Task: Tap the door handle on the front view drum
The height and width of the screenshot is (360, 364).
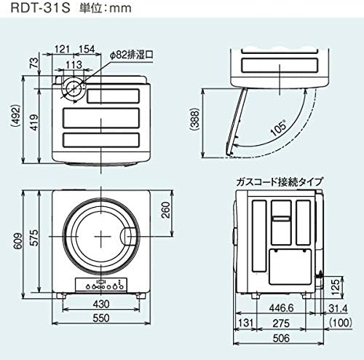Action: tap(128, 235)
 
